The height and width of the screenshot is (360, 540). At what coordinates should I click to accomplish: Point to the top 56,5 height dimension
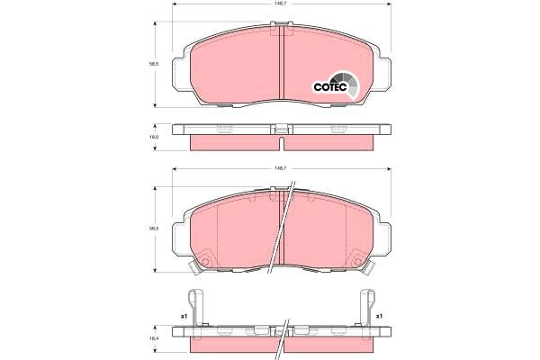155,65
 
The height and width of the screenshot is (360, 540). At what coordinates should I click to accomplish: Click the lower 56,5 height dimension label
155,229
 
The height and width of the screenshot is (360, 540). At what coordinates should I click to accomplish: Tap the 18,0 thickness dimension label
154,137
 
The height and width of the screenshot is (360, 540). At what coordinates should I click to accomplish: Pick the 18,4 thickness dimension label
154,337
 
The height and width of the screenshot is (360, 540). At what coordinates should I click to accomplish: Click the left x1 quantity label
183,316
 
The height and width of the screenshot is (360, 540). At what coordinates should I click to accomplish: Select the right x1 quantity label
380,316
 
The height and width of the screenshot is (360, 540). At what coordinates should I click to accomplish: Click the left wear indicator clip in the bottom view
193,310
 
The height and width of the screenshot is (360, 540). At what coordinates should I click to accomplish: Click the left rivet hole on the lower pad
204,264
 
